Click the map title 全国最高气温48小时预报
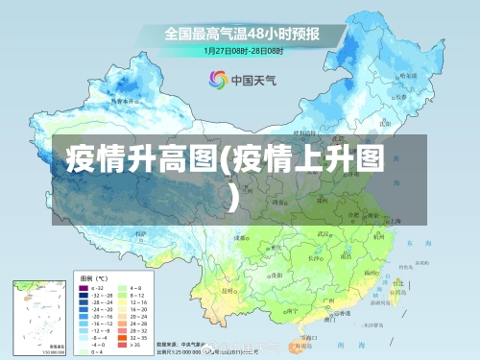pyautogui.click(x=241, y=33)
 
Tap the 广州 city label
pyautogui.click(x=328, y=301)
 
